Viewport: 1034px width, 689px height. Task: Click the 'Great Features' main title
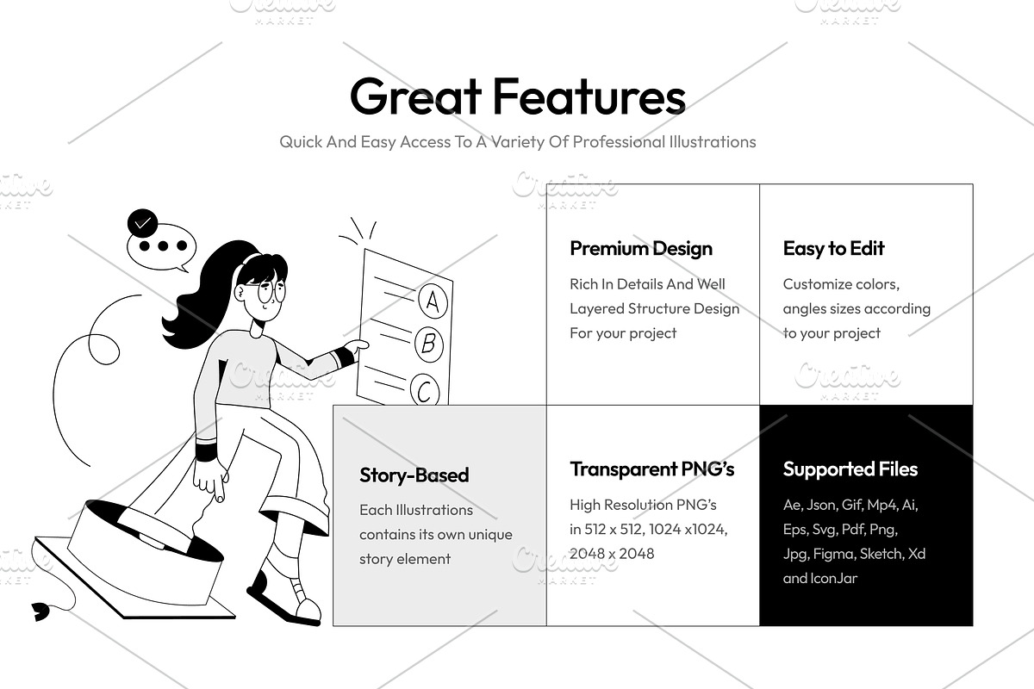point(518,96)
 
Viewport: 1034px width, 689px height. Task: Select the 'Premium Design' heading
point(641,249)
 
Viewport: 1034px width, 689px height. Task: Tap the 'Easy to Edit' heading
point(834,248)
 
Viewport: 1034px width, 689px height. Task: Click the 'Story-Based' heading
point(414,475)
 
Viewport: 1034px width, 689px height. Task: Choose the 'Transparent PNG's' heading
point(651,469)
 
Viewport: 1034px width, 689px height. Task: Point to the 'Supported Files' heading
point(850,469)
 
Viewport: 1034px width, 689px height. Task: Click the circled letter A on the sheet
point(433,301)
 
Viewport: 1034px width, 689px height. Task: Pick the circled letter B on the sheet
point(429,344)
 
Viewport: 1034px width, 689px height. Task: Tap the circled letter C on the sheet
point(425,390)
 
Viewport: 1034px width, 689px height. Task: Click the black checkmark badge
point(143,223)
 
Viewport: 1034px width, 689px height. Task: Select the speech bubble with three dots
point(162,247)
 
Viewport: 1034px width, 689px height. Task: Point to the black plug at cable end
point(40,611)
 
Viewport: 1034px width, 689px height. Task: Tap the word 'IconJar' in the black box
point(835,578)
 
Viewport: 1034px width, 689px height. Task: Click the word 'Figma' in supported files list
point(833,554)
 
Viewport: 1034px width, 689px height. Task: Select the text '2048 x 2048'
point(612,553)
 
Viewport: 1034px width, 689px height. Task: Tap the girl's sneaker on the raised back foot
point(284,598)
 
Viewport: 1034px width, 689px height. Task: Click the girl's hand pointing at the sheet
point(357,347)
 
